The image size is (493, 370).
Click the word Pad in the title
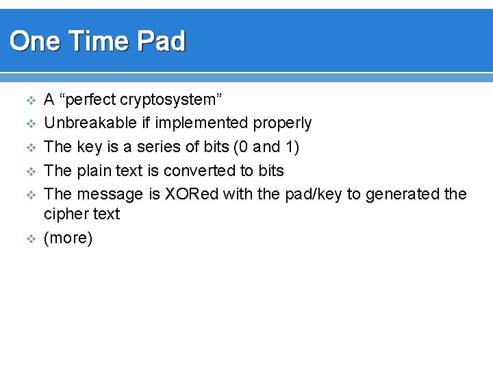click(x=162, y=42)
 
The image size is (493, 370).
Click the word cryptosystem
click(x=171, y=100)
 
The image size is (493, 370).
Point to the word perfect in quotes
click(x=90, y=100)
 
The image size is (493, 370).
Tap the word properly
click(x=282, y=123)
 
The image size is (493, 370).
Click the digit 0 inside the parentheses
click(x=243, y=147)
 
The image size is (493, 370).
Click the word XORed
click(x=192, y=194)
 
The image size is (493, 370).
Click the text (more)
click(x=68, y=238)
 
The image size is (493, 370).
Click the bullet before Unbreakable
click(x=29, y=124)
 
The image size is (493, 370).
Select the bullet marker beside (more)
click(x=29, y=239)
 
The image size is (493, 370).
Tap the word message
click(x=110, y=194)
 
